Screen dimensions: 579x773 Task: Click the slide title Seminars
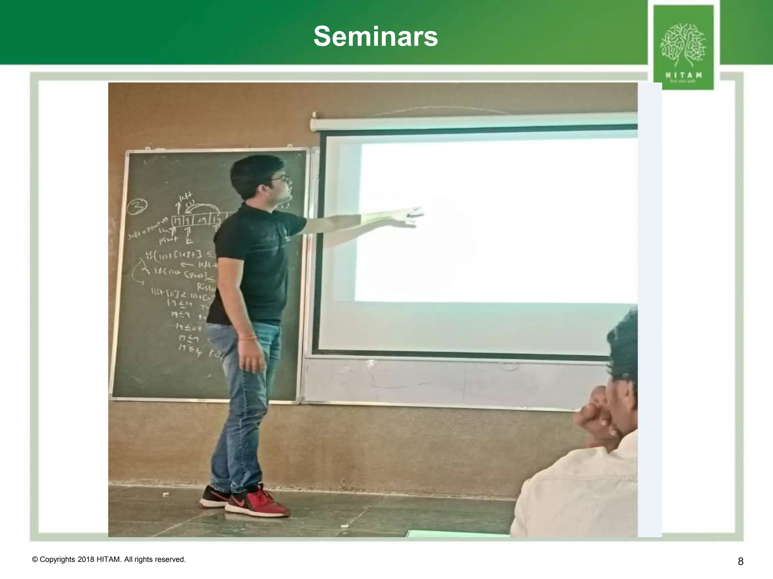click(x=376, y=37)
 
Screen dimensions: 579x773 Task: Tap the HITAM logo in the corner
click(x=683, y=47)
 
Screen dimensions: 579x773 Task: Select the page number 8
click(x=741, y=561)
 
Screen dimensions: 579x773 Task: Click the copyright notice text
click(x=109, y=559)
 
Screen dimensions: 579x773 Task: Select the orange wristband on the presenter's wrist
click(x=247, y=338)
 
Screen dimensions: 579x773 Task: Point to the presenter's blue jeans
click(x=242, y=407)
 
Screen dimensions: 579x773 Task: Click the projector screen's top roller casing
click(x=472, y=121)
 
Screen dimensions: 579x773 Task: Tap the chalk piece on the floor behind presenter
click(x=165, y=494)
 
